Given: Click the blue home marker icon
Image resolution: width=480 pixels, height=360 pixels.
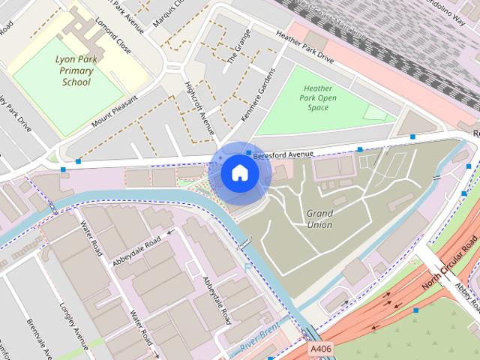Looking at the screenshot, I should [239, 172].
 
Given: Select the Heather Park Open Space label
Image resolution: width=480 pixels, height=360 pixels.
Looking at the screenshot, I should [318, 98].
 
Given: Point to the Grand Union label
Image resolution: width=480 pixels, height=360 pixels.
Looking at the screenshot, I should [319, 218].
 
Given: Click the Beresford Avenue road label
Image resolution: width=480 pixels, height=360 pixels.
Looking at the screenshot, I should [283, 154].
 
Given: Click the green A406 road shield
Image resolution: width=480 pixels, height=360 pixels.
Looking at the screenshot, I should [320, 348].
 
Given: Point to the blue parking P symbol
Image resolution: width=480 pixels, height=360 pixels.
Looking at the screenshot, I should [248, 266].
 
